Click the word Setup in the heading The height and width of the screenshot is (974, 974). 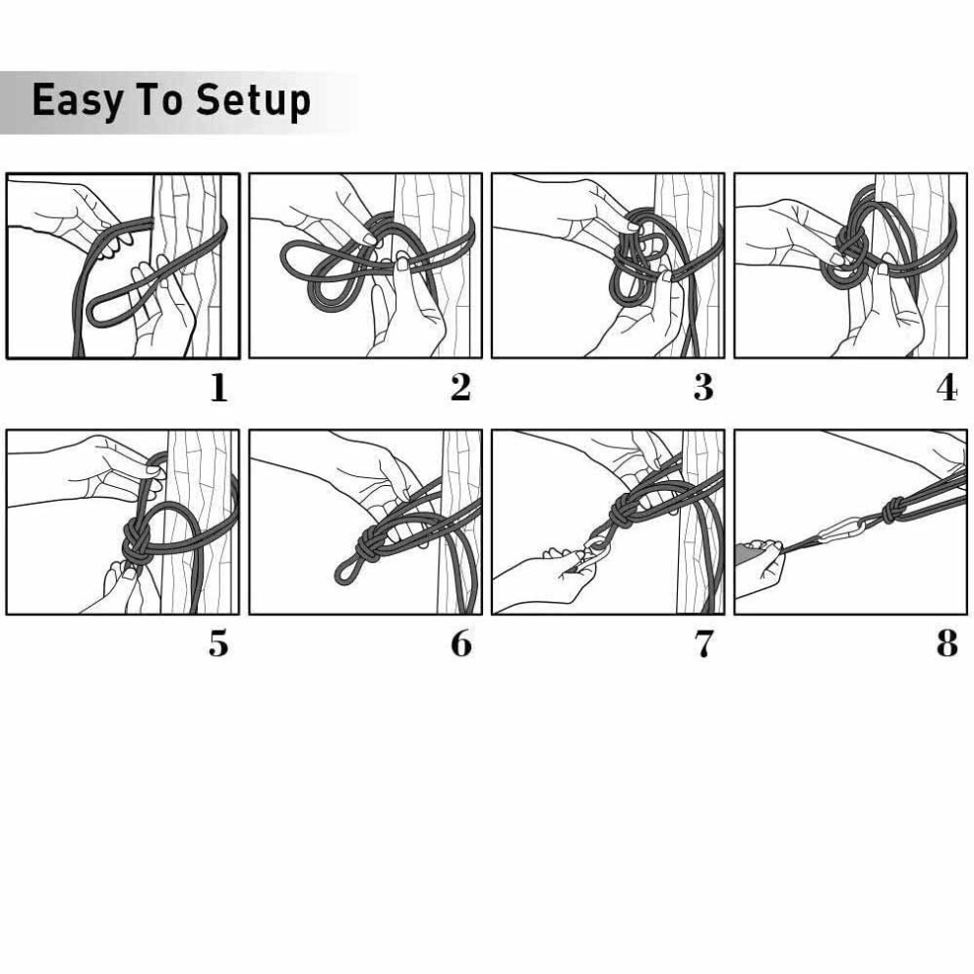[x=253, y=101]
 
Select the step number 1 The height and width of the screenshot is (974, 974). [x=218, y=389]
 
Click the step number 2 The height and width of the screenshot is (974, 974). [x=460, y=388]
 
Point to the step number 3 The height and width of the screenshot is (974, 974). [x=703, y=388]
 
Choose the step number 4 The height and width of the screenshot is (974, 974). [x=947, y=389]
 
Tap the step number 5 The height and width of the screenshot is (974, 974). [x=218, y=643]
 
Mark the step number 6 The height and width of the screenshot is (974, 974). [x=461, y=643]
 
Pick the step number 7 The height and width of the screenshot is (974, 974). [x=703, y=644]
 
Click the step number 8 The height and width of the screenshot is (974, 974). [x=947, y=643]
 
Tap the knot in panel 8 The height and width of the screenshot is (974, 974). [x=891, y=510]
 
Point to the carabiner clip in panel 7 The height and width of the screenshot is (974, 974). [x=595, y=550]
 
